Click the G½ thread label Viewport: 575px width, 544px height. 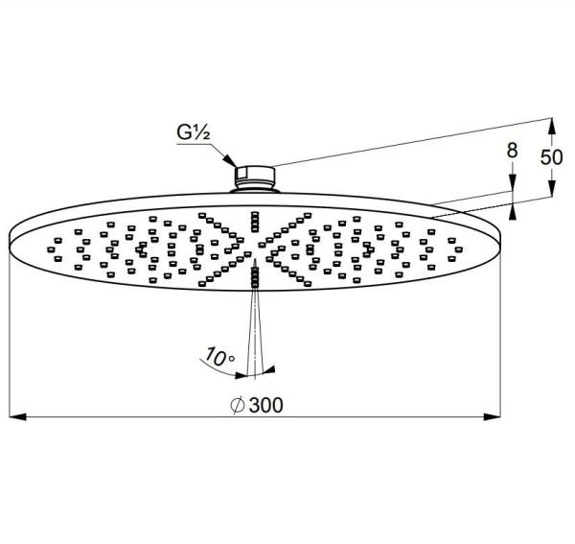[x=194, y=132]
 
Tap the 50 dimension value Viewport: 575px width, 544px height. [x=551, y=157]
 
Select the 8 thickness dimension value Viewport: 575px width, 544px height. [x=513, y=150]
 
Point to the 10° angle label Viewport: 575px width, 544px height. [x=219, y=357]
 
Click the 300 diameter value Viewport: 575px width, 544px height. [x=265, y=405]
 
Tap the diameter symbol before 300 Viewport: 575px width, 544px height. [x=238, y=405]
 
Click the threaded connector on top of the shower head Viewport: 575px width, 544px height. [x=255, y=177]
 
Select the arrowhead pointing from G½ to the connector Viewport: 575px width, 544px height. [x=230, y=161]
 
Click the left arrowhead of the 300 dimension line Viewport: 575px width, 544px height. [x=17, y=416]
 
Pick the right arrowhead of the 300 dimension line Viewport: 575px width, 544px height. [x=493, y=416]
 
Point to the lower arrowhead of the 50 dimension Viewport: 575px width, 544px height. [x=552, y=188]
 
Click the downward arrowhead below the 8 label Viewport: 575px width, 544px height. [x=513, y=182]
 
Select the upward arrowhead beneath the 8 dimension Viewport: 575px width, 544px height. [x=513, y=211]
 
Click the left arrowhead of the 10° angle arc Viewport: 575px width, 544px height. [x=241, y=375]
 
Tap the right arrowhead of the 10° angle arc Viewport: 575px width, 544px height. [x=269, y=369]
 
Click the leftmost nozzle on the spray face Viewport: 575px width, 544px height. [x=51, y=249]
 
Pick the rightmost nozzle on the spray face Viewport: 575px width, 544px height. [x=458, y=249]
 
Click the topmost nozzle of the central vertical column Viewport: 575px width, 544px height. [x=255, y=213]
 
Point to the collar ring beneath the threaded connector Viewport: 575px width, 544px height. [x=255, y=190]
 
